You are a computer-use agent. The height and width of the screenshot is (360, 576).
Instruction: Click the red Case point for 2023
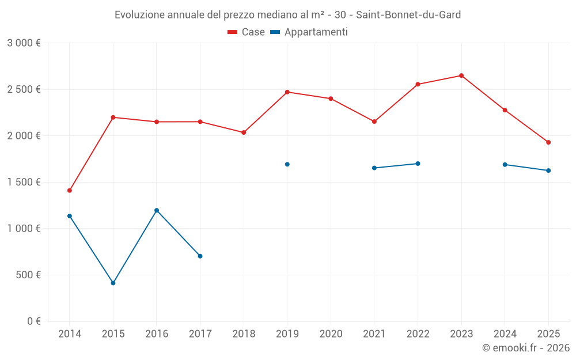461,75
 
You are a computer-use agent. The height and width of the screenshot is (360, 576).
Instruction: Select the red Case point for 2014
70,190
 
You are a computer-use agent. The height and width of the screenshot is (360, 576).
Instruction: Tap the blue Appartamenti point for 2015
113,283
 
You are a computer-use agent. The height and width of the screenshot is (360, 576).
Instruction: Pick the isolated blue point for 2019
287,164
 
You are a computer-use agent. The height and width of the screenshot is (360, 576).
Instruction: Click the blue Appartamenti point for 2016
157,210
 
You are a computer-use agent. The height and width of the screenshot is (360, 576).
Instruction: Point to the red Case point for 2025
548,142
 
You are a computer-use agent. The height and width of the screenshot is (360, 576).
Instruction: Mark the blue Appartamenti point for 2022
418,164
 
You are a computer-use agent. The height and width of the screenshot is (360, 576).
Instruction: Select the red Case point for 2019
287,92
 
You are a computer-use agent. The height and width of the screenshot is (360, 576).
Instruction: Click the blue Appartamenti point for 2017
200,256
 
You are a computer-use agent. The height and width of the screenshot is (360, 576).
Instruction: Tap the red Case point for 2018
244,132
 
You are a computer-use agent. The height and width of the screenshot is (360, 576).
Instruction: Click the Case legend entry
247,32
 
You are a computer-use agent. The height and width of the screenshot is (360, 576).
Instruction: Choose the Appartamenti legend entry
309,32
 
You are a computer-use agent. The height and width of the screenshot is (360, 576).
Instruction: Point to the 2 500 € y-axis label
24,89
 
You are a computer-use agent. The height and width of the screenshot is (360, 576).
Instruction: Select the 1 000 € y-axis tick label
24,228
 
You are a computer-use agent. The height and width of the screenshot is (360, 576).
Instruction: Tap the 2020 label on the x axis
331,334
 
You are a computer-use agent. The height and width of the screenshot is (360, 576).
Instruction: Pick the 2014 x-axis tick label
70,334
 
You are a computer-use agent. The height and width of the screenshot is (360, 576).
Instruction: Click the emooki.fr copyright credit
526,348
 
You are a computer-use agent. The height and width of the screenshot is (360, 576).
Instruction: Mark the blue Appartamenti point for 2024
505,165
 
